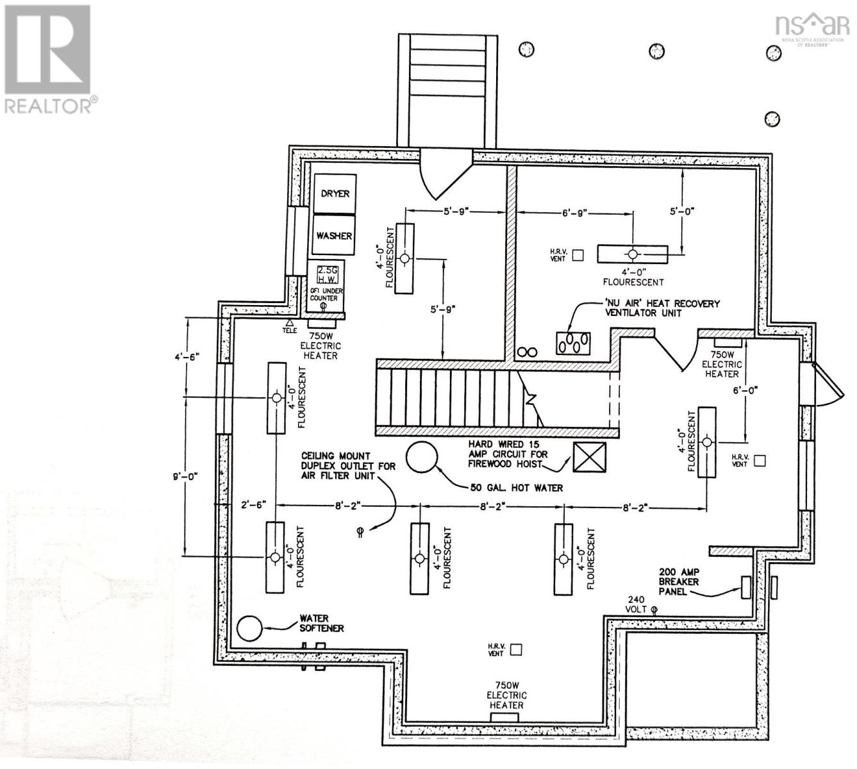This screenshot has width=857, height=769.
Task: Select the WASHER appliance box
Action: tap(334, 235)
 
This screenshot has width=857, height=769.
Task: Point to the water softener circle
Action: tap(249, 628)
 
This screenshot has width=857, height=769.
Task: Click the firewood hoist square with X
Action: tap(589, 458)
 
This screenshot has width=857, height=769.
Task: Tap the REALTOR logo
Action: tap(49, 60)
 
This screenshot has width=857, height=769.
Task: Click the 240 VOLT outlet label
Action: tap(637, 604)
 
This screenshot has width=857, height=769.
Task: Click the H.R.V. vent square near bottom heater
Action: tap(515, 650)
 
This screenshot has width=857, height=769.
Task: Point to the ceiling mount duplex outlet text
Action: tap(349, 466)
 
